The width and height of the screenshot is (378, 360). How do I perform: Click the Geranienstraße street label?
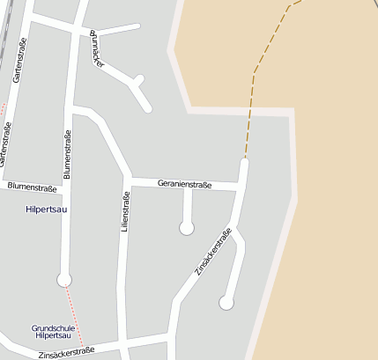[x=185, y=184]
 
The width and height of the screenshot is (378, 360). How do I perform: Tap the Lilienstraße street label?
[x=124, y=215]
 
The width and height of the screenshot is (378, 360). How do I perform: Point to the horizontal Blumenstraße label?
[x=32, y=187]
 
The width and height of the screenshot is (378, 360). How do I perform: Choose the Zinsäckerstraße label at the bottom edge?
[x=66, y=353]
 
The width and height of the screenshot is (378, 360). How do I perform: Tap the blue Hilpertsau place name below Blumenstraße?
[x=48, y=209]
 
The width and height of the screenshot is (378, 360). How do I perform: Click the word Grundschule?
[x=54, y=327]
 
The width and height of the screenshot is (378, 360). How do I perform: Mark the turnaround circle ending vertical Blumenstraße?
[x=64, y=280]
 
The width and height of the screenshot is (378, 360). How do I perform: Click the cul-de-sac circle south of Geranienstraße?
[x=187, y=228]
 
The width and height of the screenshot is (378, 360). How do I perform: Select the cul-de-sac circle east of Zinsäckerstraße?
[x=226, y=303]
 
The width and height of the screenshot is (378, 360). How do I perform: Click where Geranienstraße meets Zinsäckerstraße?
[x=240, y=187]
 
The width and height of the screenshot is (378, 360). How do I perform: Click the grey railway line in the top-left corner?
[x=7, y=26]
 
